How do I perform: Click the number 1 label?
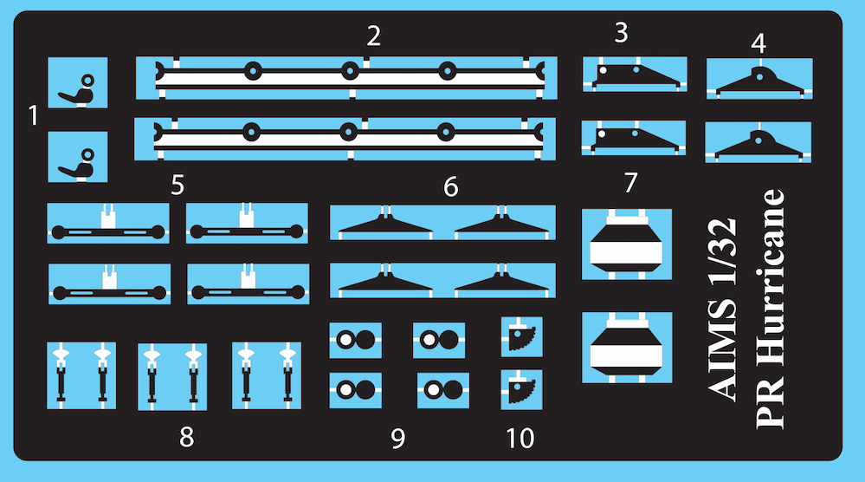pyautogui.click(x=33, y=115)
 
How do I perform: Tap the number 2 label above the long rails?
pyautogui.click(x=373, y=36)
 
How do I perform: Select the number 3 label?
pyautogui.click(x=621, y=33)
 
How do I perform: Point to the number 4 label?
pyautogui.click(x=758, y=43)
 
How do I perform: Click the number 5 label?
pyautogui.click(x=178, y=185)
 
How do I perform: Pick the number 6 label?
pyautogui.click(x=451, y=187)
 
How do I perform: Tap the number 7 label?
pyautogui.click(x=630, y=183)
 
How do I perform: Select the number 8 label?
pyautogui.click(x=186, y=437)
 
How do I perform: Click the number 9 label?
pyautogui.click(x=397, y=439)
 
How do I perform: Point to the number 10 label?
pyautogui.click(x=520, y=439)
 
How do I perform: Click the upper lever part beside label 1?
pyautogui.click(x=76, y=90)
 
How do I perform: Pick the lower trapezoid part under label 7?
pyautogui.click(x=626, y=348)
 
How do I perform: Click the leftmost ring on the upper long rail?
pyautogui.click(x=253, y=71)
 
